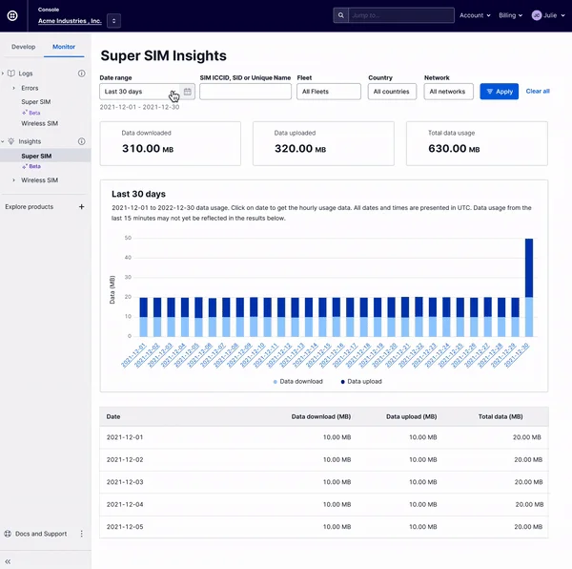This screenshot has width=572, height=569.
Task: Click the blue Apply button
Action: point(500,92)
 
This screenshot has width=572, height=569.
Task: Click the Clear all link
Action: point(538,92)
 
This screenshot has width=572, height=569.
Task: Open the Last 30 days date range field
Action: point(138,92)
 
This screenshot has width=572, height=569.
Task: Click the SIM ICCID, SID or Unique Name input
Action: point(245,92)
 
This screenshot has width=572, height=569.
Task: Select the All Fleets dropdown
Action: point(329,92)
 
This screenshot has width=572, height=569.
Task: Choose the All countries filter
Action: point(392,92)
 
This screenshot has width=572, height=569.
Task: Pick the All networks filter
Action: point(448,92)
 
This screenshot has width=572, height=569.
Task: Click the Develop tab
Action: point(23,46)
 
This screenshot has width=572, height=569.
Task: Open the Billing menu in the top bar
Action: point(510,15)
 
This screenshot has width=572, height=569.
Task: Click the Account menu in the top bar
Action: point(475,15)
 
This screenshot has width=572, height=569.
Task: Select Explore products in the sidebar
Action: point(30,206)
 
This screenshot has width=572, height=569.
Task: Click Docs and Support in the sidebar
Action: point(41,534)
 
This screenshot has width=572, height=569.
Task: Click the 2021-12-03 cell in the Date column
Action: point(125,483)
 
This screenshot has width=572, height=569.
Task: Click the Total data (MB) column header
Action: point(501,417)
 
